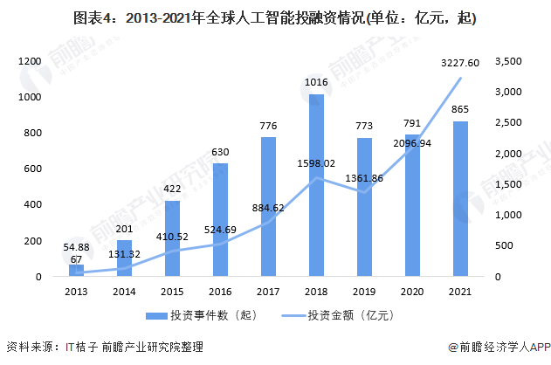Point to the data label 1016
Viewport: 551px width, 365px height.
coord(316,83)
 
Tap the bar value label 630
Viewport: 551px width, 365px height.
coord(220,152)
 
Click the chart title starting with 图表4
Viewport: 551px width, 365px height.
coord(274,17)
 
